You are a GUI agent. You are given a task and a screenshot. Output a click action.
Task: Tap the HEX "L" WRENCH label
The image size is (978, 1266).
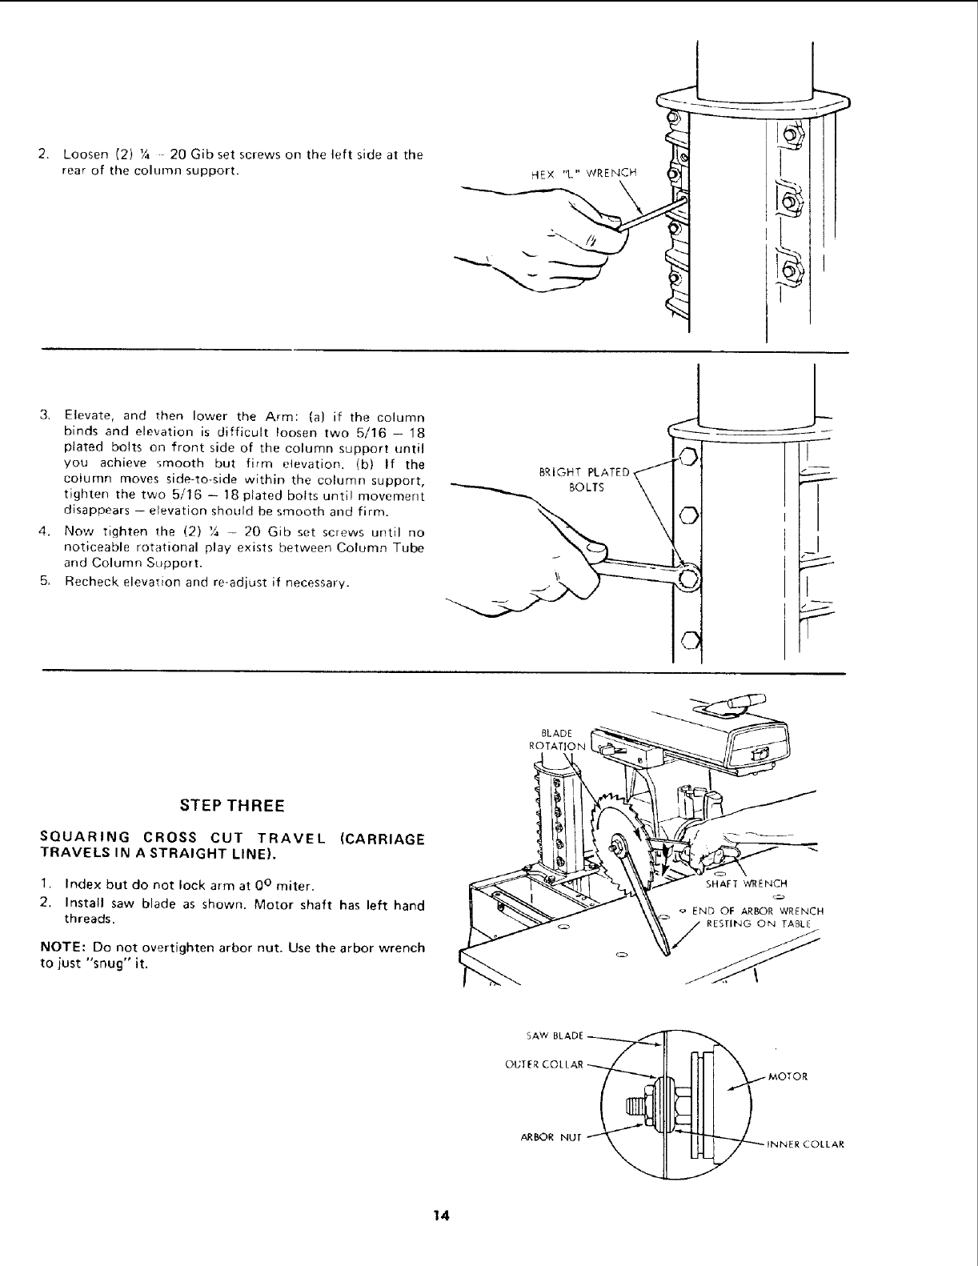(x=584, y=172)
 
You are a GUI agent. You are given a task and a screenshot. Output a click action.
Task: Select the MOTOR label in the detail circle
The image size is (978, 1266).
(x=788, y=1076)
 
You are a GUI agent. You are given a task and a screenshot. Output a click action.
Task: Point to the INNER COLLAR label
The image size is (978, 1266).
(x=806, y=1144)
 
